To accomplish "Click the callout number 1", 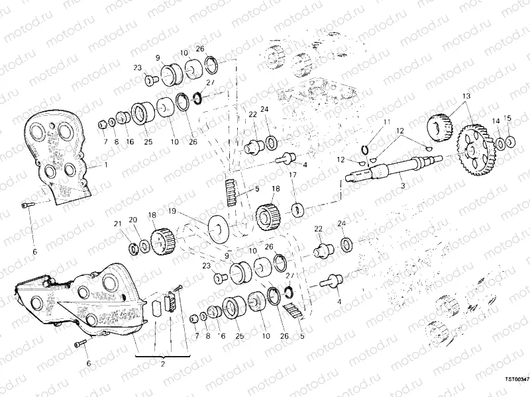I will (104, 165).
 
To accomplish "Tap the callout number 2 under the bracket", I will (162, 364).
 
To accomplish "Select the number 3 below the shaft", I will (402, 187).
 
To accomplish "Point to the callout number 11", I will (387, 123).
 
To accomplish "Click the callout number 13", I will (466, 96).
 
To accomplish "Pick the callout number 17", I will (292, 175).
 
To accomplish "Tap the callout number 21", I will (117, 223).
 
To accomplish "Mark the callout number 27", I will (209, 83).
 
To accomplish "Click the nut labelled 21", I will (132, 247).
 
